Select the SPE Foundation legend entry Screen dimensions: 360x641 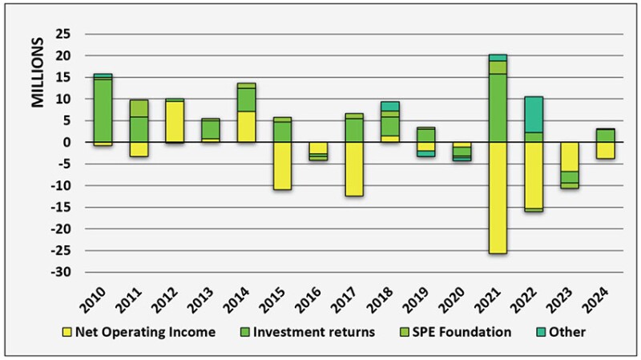tap(461, 332)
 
